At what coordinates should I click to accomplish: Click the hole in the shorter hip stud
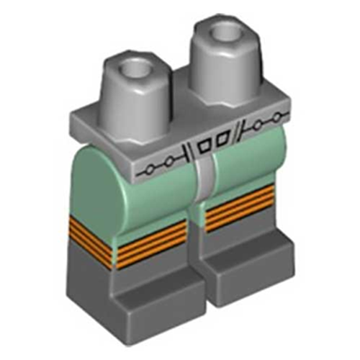coord(135,71)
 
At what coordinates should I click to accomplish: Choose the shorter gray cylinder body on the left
coord(133,97)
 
